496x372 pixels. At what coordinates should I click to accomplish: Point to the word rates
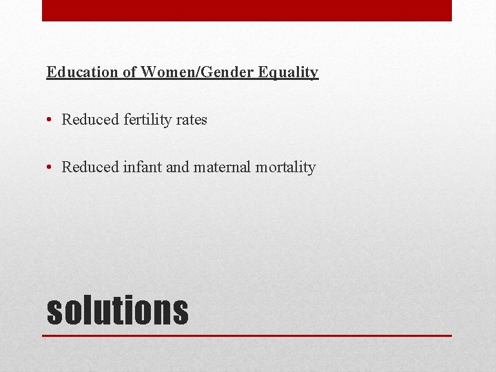click(x=192, y=120)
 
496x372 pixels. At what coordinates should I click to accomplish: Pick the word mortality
click(x=285, y=167)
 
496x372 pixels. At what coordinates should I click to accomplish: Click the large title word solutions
click(x=117, y=310)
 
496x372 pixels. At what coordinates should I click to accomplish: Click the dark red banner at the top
click(x=247, y=10)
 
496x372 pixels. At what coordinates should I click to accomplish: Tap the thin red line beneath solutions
click(x=247, y=335)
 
